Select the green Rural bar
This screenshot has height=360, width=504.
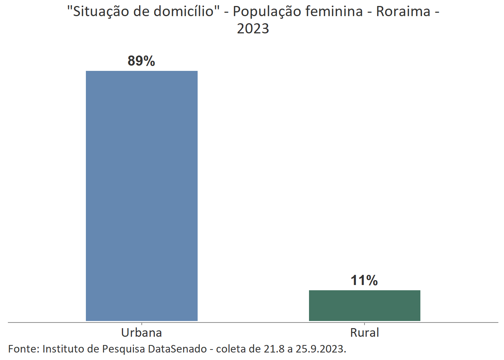coord(364,305)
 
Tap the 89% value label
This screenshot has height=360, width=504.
coord(141,61)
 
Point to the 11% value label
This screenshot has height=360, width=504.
coord(364,280)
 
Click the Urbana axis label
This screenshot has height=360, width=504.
coord(141,333)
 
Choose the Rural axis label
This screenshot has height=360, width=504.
coord(364,333)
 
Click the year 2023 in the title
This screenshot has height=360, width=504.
coord(253,28)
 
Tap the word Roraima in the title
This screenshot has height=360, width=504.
coord(403,12)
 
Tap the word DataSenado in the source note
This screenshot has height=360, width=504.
coord(177,349)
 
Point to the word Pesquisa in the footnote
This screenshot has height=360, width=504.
coord(123,349)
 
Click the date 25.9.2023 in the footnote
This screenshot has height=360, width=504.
coord(321,349)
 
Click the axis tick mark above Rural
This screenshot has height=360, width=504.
coord(364,324)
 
